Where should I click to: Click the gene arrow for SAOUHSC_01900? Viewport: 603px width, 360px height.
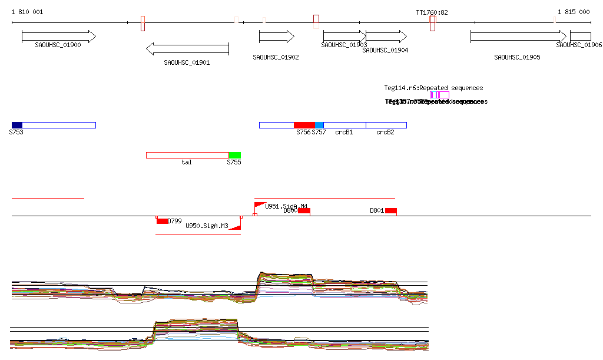coord(58,37)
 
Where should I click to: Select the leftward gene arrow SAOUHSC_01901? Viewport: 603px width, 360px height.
coord(187,48)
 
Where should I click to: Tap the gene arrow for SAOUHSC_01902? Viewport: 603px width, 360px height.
coord(276,37)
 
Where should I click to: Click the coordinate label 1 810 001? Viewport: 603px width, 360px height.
coord(27,12)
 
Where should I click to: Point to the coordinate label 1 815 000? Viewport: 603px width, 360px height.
coord(574,12)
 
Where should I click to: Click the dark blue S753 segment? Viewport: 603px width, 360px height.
coord(17,125)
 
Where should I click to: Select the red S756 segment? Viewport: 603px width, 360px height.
coord(304,125)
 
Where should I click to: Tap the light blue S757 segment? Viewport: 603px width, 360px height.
coord(320,125)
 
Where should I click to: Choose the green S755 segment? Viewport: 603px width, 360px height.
coord(235,155)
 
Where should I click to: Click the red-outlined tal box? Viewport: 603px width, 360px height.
coord(187,155)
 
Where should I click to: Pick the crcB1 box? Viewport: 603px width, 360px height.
coord(344,125)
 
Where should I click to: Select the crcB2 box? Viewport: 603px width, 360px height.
coord(386,125)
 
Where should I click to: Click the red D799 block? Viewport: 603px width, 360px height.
coord(162,221)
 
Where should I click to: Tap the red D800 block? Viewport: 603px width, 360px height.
coord(304,211)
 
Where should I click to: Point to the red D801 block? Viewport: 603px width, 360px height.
coord(391,211)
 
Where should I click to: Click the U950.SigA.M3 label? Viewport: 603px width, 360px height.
coord(207,226)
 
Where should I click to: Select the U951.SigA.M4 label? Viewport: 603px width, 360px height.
coord(286,206)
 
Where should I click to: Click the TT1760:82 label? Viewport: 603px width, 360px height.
coord(432,12)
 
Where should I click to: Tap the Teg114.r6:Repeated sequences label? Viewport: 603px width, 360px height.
coord(433,88)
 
